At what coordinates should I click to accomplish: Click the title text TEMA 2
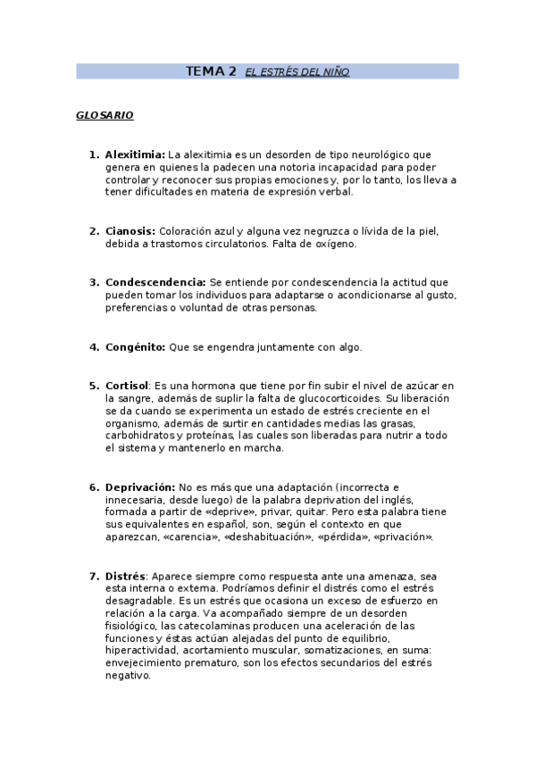point(211,71)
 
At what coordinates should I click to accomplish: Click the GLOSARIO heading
point(104,116)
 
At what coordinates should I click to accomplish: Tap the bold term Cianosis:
point(130,230)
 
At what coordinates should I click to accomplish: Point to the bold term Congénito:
point(135,346)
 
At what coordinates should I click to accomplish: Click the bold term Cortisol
point(126,386)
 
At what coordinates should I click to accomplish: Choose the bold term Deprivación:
point(140,487)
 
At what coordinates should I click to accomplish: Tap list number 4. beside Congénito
point(94,346)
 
